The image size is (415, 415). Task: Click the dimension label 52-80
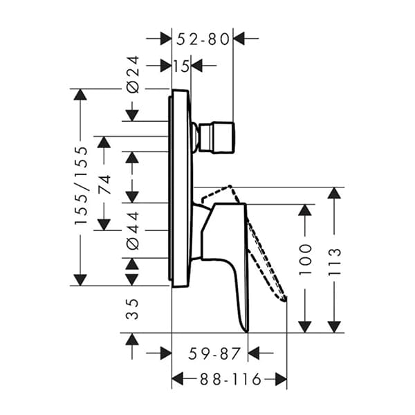(202, 39)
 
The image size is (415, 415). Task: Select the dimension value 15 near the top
(181, 66)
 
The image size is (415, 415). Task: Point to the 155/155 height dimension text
(81, 185)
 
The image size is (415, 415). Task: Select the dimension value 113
(335, 261)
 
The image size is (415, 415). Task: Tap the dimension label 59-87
(214, 353)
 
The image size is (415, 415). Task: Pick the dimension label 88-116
(228, 379)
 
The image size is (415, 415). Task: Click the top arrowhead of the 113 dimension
(335, 194)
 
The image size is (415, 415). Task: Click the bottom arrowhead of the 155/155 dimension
(81, 279)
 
